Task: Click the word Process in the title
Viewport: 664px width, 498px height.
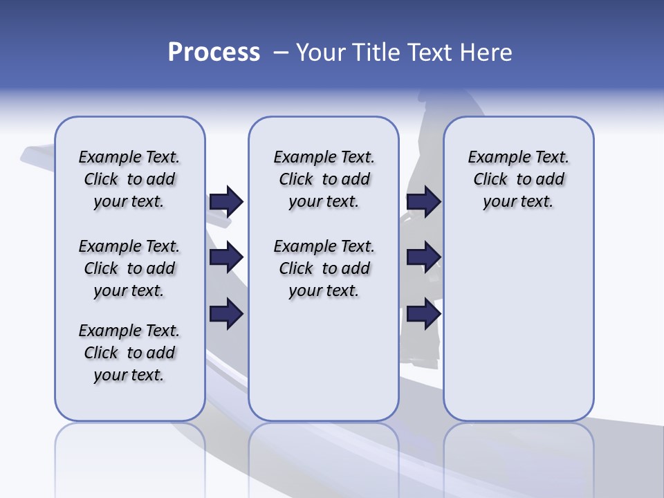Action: (x=214, y=53)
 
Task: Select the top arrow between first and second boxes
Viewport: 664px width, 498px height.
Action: (x=226, y=201)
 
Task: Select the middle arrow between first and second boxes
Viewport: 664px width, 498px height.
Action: (x=226, y=258)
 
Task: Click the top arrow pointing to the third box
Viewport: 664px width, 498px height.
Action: (x=423, y=201)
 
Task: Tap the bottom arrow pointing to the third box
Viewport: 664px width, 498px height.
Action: (x=423, y=315)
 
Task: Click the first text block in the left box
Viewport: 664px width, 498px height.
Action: (x=129, y=179)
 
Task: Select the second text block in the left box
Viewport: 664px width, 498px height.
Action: (x=129, y=268)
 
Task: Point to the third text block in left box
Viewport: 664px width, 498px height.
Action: (x=129, y=353)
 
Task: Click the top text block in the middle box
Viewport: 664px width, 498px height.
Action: (x=324, y=179)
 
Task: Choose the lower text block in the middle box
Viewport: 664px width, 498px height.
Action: (x=324, y=268)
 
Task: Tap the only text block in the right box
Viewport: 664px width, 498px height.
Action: (x=518, y=179)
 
